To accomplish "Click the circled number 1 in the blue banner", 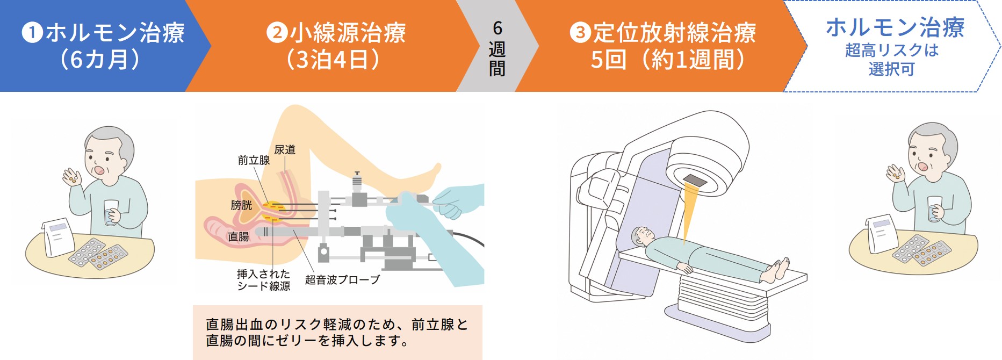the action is (x=32, y=33).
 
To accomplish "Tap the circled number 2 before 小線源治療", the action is (x=277, y=33).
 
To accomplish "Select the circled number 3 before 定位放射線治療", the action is (x=580, y=33).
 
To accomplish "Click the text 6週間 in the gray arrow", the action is (x=497, y=48).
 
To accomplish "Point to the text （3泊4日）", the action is (x=333, y=59).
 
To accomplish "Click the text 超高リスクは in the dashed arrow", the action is (x=892, y=50).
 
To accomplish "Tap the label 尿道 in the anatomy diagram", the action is (x=285, y=149).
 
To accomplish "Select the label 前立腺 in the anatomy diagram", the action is (x=254, y=160).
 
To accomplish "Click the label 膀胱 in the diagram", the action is (x=241, y=205).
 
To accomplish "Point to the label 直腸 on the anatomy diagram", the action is (x=238, y=236).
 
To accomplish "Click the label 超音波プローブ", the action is (x=342, y=279).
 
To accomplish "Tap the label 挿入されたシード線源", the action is (x=264, y=280).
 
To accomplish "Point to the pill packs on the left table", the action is (x=98, y=253).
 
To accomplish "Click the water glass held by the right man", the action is (x=935, y=208).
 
